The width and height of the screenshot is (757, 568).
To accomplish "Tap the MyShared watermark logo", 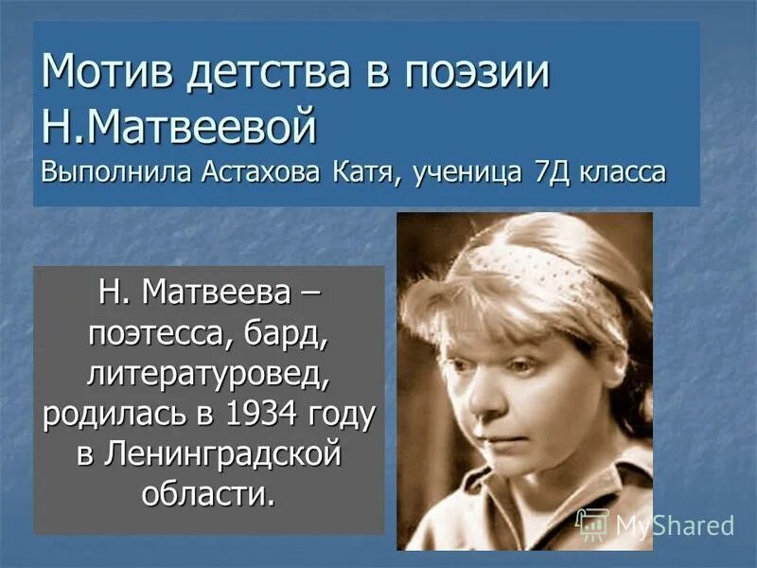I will [x=655, y=524].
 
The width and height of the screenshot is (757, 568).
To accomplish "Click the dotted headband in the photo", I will [x=530, y=261].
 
